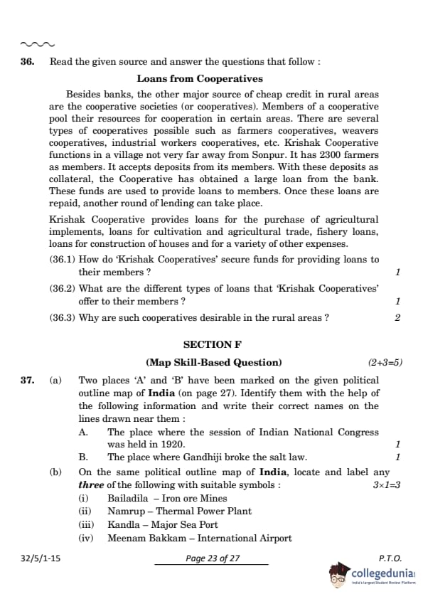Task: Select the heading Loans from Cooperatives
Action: (200, 79)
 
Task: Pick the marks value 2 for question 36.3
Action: (397, 318)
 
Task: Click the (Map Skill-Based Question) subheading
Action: (213, 362)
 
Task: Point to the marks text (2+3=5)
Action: (385, 362)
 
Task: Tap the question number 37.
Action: (27, 381)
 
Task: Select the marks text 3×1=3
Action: (387, 484)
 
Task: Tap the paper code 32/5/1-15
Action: (41, 558)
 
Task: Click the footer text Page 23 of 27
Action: (213, 558)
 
